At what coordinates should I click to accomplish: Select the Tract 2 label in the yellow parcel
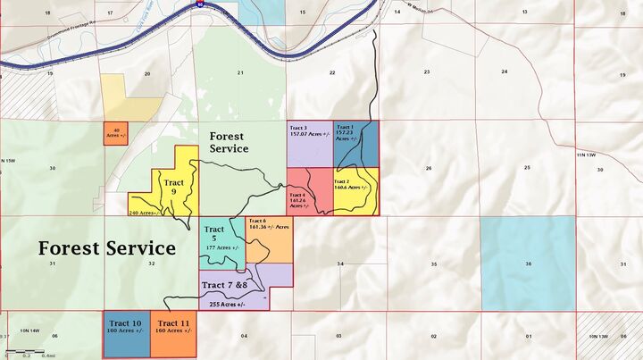tap(342, 181)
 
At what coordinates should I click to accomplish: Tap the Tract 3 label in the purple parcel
tap(298, 129)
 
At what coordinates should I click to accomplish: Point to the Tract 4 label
tap(297, 195)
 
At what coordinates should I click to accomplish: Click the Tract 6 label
tap(257, 221)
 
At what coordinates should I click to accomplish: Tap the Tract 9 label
tap(174, 187)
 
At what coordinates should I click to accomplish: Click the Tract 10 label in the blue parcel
tap(125, 322)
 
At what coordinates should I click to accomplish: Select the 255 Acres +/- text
tap(228, 304)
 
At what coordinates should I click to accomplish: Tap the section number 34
tap(340, 264)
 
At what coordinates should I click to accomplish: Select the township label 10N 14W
tap(30, 331)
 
